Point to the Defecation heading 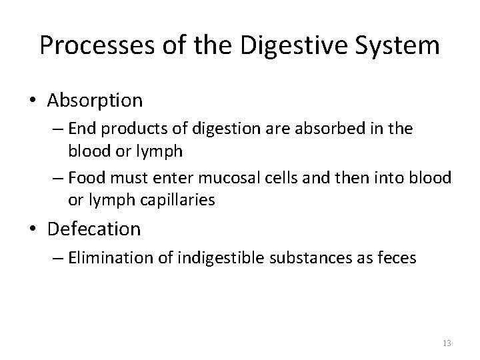click(93, 229)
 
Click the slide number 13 click(447, 343)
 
